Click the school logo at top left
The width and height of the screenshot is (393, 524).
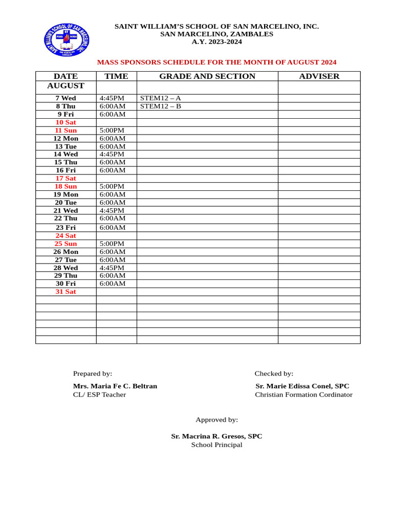(x=67, y=39)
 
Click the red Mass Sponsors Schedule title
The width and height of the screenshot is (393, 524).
(x=216, y=62)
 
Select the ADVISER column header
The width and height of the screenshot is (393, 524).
(x=319, y=76)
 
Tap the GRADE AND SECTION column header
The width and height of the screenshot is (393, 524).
(x=207, y=76)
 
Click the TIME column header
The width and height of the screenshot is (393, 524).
(x=116, y=76)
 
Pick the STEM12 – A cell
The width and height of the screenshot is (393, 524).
(x=161, y=98)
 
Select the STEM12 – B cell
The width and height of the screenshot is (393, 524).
(x=161, y=106)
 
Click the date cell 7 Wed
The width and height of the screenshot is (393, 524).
(x=65, y=98)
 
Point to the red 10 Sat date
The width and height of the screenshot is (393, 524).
(x=65, y=122)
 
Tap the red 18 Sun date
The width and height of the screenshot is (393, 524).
(x=65, y=186)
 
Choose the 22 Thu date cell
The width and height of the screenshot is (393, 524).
(x=65, y=219)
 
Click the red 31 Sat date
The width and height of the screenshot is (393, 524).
(x=65, y=292)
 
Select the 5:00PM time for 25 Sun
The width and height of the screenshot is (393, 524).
(x=112, y=244)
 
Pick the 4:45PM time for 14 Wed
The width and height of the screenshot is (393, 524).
(x=112, y=154)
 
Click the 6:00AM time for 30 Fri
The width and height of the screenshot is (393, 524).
(x=113, y=283)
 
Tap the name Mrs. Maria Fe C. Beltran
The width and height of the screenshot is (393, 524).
(x=115, y=386)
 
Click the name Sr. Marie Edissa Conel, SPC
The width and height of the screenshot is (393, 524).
(x=302, y=386)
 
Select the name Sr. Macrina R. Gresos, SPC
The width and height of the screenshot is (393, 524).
(x=216, y=436)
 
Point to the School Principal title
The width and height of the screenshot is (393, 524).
(x=216, y=445)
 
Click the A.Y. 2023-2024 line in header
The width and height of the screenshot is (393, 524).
(x=216, y=41)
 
